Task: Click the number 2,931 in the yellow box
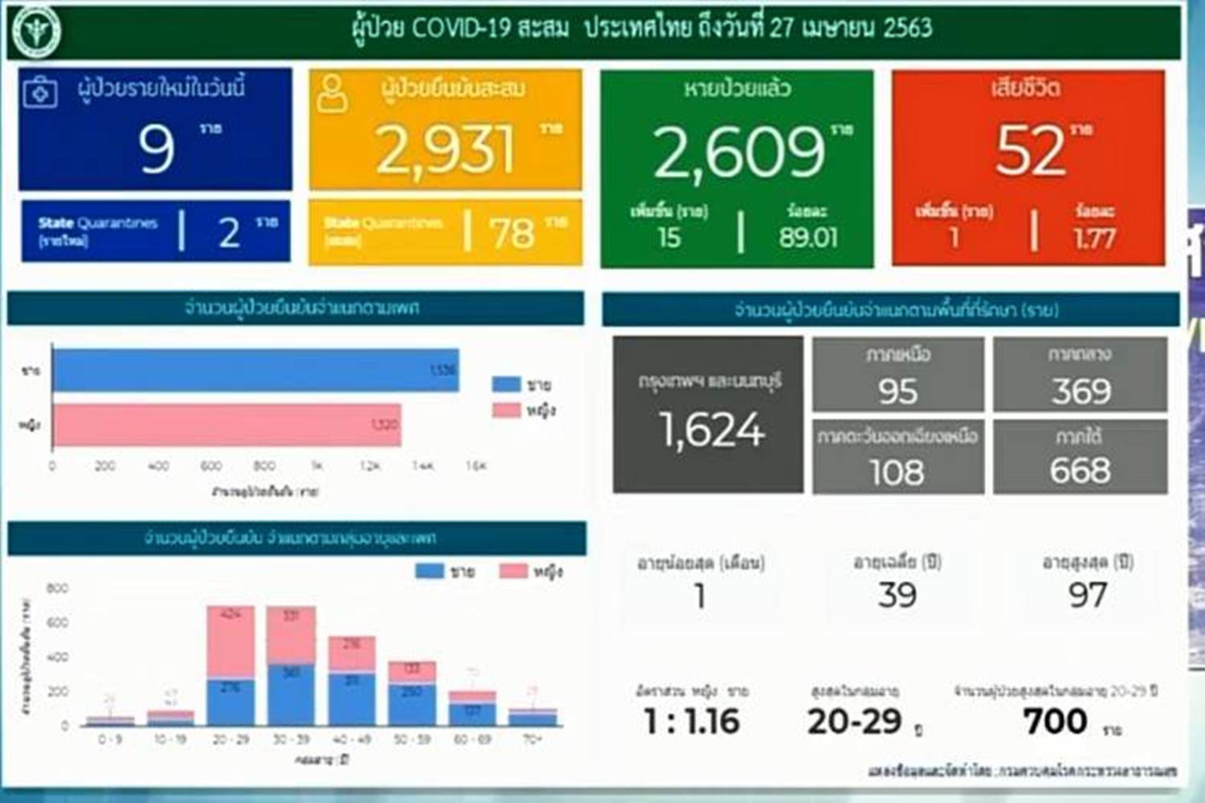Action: coord(444,150)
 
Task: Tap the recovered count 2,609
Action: coord(738,152)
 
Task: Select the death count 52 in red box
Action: coord(1030,150)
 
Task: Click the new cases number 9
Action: coord(156,149)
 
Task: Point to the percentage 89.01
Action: coord(807,238)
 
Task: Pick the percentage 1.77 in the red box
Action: coord(1094,238)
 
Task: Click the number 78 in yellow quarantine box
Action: coord(512,234)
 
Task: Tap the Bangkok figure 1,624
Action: coord(712,430)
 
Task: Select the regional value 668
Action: coord(1080,471)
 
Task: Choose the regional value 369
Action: coord(1081,392)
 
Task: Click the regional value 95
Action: coord(897,392)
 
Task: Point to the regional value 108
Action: coord(897,472)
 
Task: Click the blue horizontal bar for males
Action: coord(255,370)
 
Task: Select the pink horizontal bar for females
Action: coord(227,425)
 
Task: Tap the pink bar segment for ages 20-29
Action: coord(231,642)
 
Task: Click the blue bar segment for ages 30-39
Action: coord(291,695)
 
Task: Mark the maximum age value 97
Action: coord(1087,596)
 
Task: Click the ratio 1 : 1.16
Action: coord(692,721)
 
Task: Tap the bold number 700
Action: coord(1055,721)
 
